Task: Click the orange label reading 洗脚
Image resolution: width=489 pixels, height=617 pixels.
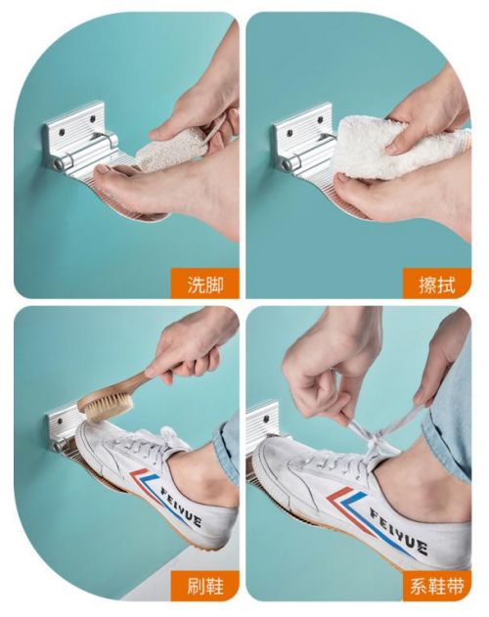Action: (x=205, y=284)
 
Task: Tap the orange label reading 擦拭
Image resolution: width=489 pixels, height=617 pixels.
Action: (x=437, y=284)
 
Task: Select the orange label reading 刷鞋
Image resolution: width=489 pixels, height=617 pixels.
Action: (x=205, y=586)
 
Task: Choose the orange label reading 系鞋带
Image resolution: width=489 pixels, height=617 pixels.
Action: (x=437, y=586)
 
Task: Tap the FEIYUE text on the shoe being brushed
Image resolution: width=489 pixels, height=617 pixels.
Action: (x=181, y=507)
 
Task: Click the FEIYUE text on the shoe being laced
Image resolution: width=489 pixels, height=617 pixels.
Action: (x=398, y=531)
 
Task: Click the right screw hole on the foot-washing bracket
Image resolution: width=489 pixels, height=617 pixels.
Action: (x=93, y=118)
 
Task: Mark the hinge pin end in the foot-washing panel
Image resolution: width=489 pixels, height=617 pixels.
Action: (x=59, y=165)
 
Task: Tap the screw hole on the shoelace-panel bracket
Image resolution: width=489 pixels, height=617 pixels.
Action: (x=266, y=419)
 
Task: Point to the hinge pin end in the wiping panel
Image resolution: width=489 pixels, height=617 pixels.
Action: (x=287, y=165)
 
